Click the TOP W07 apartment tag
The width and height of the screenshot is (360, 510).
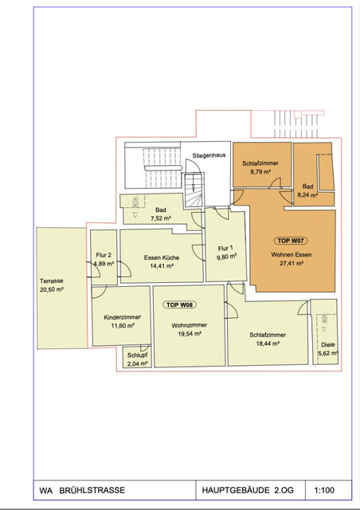coord(292,241)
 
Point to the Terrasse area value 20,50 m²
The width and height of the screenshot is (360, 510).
coord(52,290)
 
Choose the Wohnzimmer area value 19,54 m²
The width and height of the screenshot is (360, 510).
coord(187,335)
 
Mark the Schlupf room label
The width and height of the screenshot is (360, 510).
coord(137,355)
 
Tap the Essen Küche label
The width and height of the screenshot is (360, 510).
coord(162,257)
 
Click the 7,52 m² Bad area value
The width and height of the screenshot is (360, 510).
coord(162,219)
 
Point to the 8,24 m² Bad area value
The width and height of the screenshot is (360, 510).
coord(307,194)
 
